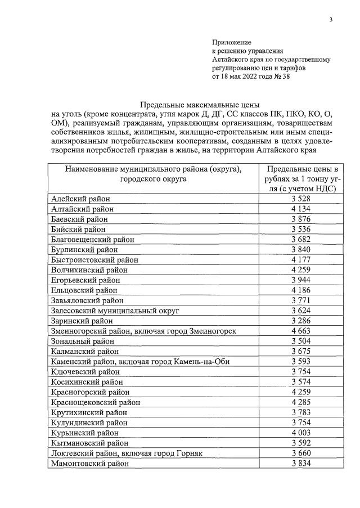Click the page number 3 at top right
[x=331, y=21]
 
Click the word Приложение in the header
[x=231, y=42]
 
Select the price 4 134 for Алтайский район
[x=302, y=209]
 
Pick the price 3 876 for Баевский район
[x=302, y=219]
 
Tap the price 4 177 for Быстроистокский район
[x=302, y=259]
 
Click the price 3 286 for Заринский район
[x=302, y=320]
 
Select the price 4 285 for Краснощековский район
[x=302, y=402]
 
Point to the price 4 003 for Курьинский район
[x=302, y=433]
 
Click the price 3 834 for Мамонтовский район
[x=302, y=463]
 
